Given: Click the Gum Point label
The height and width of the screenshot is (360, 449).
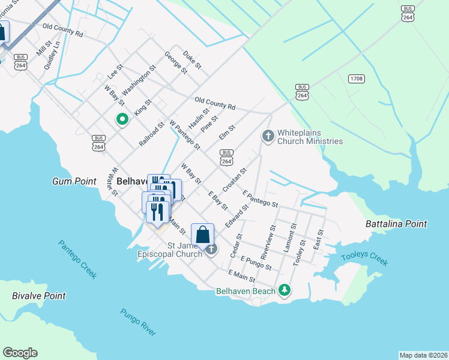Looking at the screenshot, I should tap(74, 181).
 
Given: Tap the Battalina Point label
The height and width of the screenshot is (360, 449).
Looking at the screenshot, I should tap(396, 224).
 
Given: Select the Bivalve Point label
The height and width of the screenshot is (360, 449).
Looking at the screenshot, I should tap(39, 296).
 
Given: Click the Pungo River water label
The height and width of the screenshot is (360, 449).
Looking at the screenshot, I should tap(138, 322).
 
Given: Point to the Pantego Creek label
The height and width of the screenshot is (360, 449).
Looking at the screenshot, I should tap(77, 259).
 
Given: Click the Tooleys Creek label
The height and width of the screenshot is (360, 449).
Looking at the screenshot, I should tap(364, 260).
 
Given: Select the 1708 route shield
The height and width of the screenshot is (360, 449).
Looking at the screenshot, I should tap(356, 79).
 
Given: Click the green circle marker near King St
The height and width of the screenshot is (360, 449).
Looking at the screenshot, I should tap(122, 119).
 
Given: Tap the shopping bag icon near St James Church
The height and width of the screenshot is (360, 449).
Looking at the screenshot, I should tap(203, 235).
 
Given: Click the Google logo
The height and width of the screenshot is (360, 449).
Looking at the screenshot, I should tap(20, 353).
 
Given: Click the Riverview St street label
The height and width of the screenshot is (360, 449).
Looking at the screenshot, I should tap(267, 241).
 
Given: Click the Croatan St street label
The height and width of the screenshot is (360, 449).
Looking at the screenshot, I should tap(235, 179).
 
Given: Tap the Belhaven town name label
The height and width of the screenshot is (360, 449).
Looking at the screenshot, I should tap(132, 181).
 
